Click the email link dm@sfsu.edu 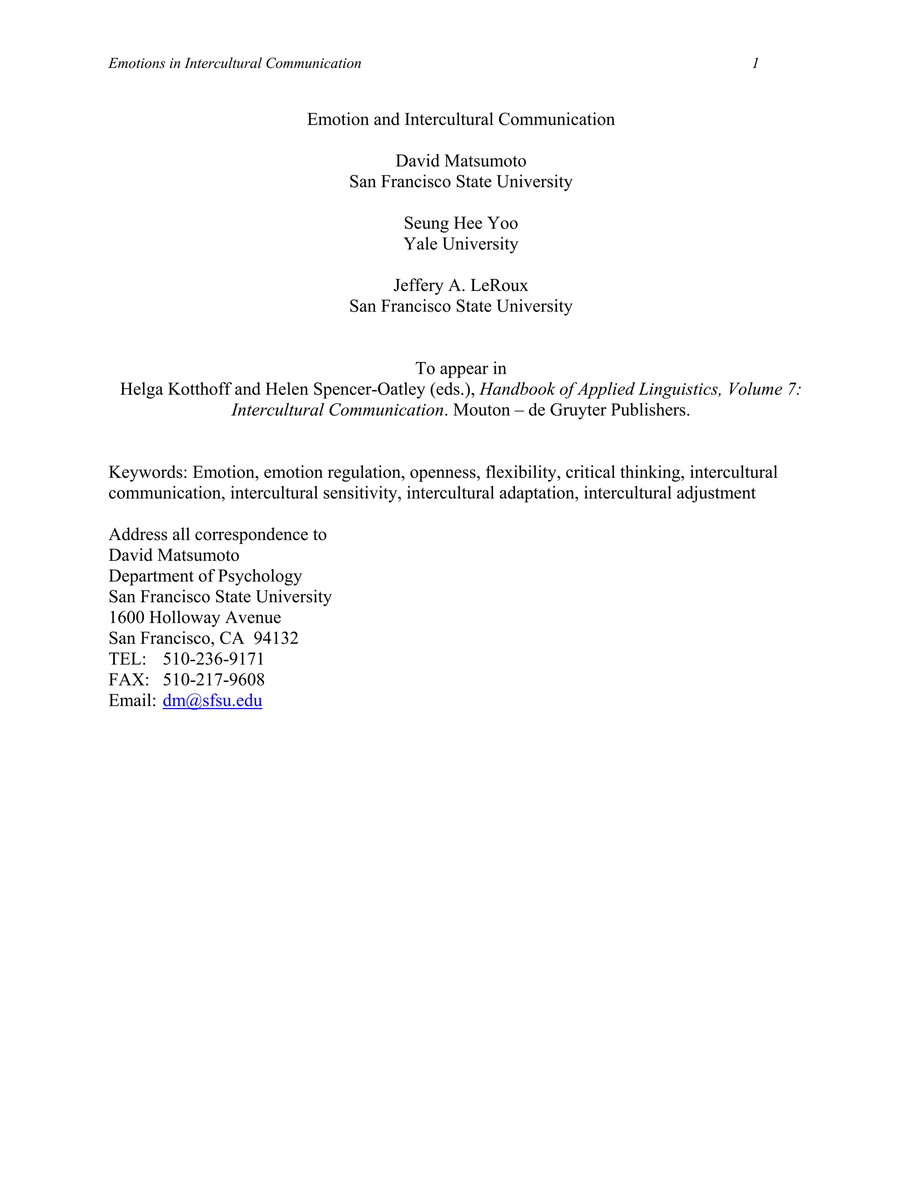pyautogui.click(x=212, y=700)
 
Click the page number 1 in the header pyautogui.click(x=755, y=63)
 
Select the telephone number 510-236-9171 pyautogui.click(x=213, y=659)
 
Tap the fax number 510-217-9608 pyautogui.click(x=213, y=680)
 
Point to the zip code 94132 pyautogui.click(x=276, y=638)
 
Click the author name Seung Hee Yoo pyautogui.click(x=461, y=223)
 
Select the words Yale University pyautogui.click(x=461, y=244)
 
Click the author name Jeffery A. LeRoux pyautogui.click(x=461, y=286)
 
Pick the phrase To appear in pyautogui.click(x=461, y=368)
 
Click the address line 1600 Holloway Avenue pyautogui.click(x=194, y=617)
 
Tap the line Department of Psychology pyautogui.click(x=205, y=576)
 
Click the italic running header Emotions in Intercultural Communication pyautogui.click(x=235, y=63)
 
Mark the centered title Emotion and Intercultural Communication pyautogui.click(x=461, y=120)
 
